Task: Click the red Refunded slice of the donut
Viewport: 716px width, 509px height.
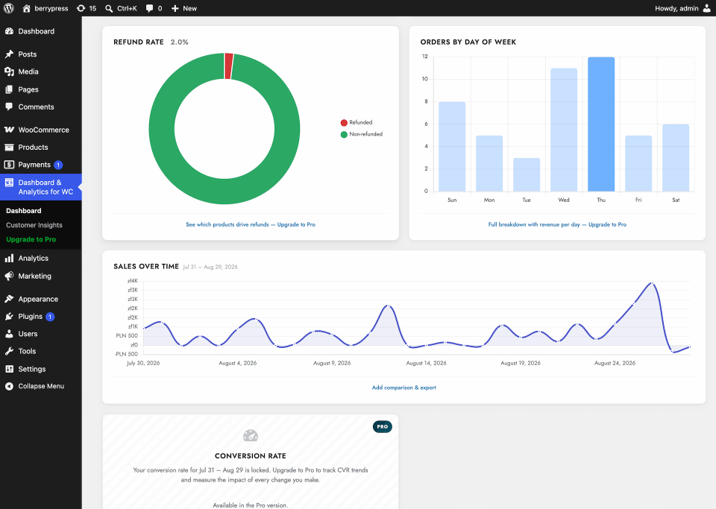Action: coord(229,66)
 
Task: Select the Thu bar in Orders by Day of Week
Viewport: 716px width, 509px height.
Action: coord(601,124)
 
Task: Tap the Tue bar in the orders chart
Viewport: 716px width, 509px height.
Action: coord(527,174)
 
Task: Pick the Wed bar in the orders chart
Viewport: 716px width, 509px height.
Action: coord(564,130)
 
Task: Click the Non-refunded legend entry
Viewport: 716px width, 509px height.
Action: coord(362,134)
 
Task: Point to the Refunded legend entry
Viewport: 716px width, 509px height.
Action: coord(357,122)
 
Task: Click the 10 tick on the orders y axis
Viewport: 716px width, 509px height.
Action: coord(424,79)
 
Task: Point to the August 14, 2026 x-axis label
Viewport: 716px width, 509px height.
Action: coord(426,363)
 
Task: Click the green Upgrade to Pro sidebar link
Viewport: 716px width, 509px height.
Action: coord(31,239)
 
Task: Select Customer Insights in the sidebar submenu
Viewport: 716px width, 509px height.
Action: coord(34,225)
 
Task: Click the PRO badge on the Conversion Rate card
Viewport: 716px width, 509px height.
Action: coord(382,427)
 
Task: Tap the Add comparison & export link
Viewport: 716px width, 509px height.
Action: coord(404,388)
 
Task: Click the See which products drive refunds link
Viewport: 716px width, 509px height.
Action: coord(251,224)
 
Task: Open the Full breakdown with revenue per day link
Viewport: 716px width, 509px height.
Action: coord(558,224)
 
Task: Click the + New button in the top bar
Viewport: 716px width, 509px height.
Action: coord(184,8)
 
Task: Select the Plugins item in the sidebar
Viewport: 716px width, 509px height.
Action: coord(37,317)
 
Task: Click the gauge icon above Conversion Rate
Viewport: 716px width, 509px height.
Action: coord(251,435)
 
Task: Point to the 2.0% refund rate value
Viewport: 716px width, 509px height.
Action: coord(180,42)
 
